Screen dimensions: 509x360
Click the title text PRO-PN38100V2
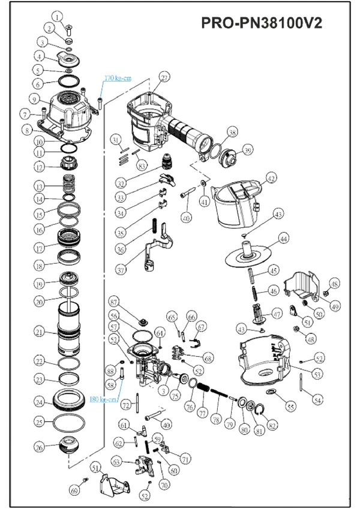262,23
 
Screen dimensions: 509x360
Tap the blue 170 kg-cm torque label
118,79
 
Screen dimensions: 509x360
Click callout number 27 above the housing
164,77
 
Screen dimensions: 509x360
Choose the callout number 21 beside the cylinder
39,331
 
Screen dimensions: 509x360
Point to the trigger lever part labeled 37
153,252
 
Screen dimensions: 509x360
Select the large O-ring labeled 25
68,422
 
